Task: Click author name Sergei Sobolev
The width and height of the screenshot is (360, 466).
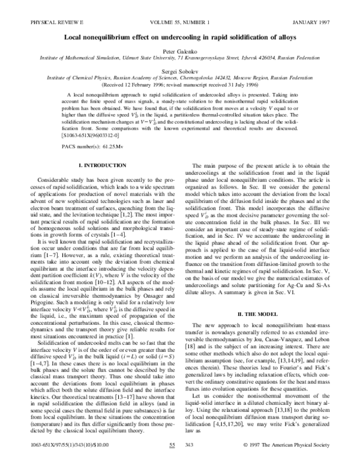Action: pos(180,70)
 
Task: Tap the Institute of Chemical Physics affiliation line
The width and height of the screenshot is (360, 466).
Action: pos(180,77)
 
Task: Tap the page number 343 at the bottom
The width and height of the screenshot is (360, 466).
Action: pos(207,461)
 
